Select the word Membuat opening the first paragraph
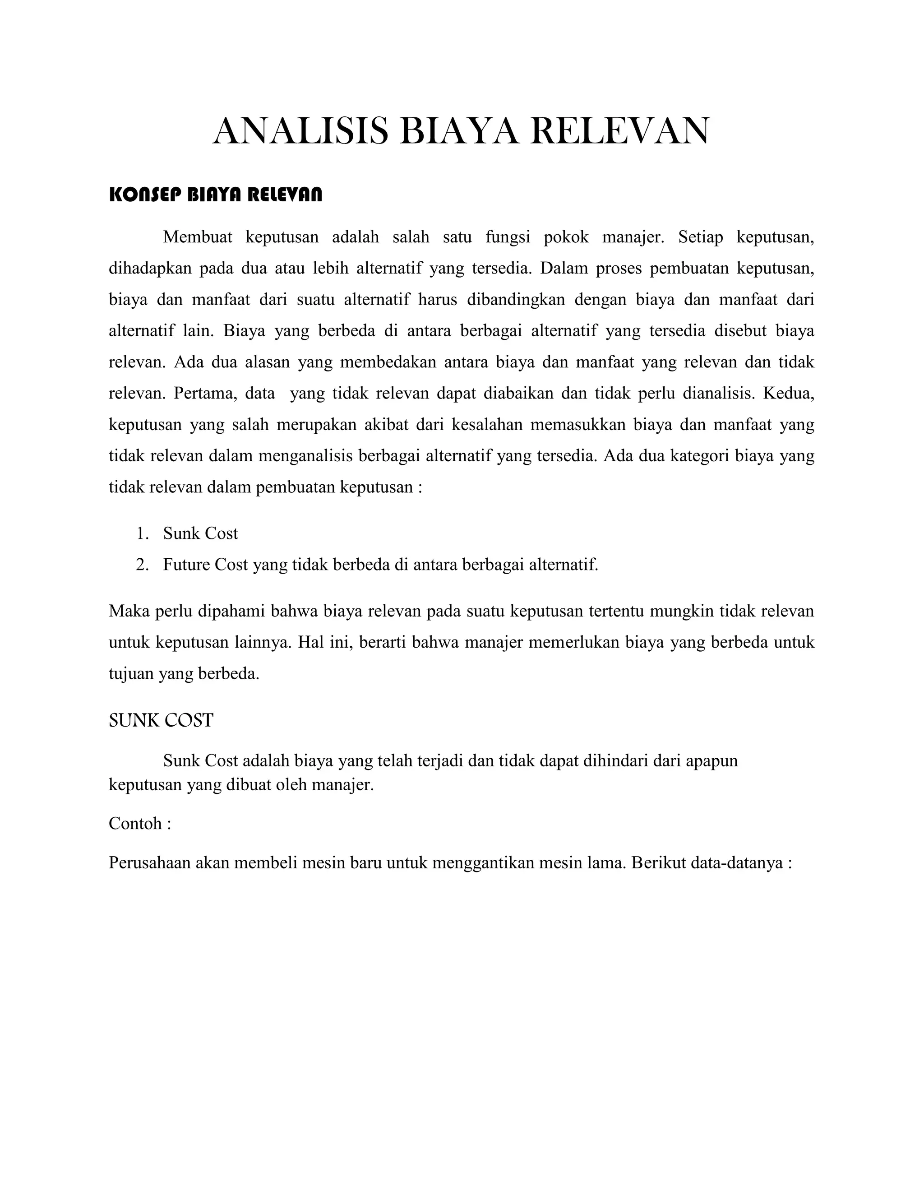pos(198,238)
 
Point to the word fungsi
pos(508,238)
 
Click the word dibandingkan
pos(514,300)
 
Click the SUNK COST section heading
pos(161,721)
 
